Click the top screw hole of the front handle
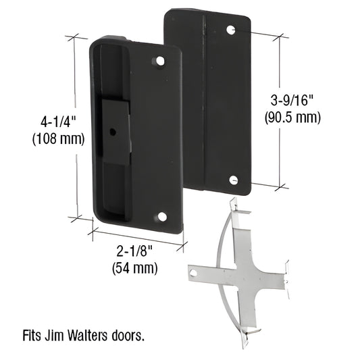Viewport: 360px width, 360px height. click(161, 61)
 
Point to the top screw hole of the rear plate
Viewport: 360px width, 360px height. click(231, 30)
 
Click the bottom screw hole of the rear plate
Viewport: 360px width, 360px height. click(233, 180)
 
